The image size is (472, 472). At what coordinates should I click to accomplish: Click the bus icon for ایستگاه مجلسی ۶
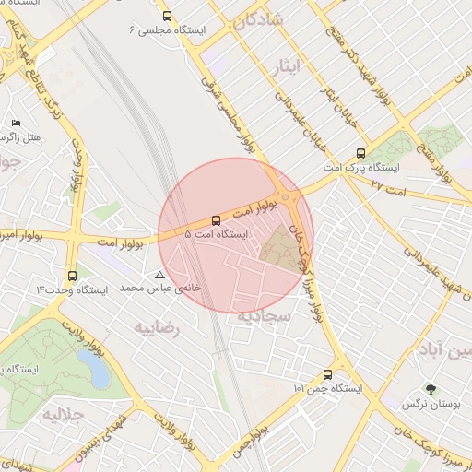(166, 16)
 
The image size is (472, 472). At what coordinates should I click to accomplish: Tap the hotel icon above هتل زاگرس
(15, 123)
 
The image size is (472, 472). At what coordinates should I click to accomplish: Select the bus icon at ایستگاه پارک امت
(359, 154)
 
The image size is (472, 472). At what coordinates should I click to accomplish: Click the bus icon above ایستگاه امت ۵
(216, 220)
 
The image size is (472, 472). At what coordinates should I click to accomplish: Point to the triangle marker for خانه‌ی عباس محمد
(160, 275)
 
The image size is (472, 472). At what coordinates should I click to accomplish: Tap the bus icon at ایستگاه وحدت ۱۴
(72, 275)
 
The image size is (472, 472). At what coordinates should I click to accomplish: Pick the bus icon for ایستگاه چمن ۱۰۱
(328, 374)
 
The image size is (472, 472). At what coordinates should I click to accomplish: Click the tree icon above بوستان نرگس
(430, 389)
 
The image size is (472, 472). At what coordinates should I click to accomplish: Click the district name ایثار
(288, 65)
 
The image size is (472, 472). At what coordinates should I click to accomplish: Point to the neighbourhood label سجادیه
(265, 316)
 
